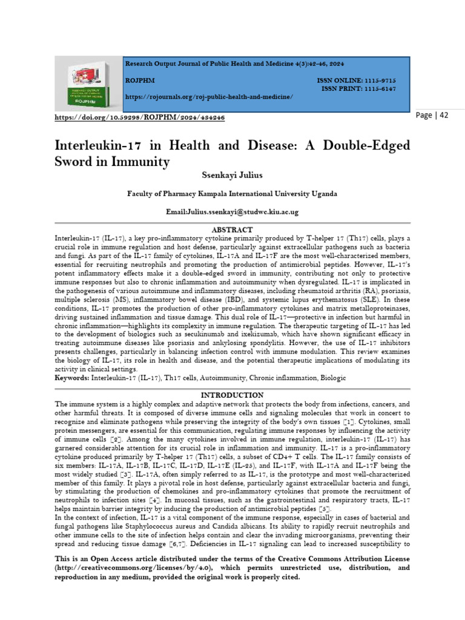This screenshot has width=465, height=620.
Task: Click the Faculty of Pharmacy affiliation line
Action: [232, 194]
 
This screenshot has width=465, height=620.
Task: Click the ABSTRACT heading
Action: [232, 229]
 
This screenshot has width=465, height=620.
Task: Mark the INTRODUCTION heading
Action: [232, 395]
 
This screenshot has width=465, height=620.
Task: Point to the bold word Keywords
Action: [71, 377]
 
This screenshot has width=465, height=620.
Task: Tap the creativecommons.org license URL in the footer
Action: [127, 568]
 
